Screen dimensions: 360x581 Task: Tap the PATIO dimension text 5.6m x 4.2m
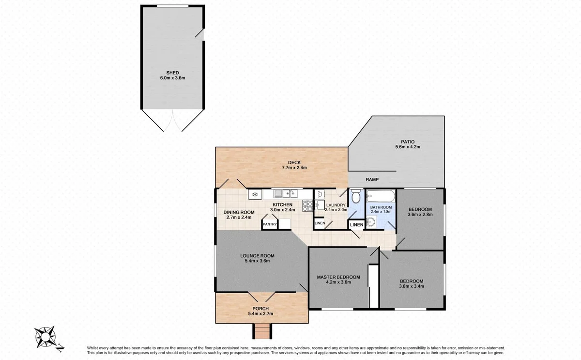point(408,146)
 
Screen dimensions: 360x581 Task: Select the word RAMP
point(372,180)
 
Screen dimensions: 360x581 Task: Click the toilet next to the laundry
point(355,197)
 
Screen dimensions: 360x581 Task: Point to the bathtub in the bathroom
point(380,197)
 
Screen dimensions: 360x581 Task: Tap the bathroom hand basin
point(370,222)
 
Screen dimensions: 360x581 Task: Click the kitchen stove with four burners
point(307,206)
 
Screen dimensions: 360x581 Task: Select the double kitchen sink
point(285,194)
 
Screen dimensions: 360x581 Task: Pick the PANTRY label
point(269,224)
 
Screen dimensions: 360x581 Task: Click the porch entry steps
point(261,331)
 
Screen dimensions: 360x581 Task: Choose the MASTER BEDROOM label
point(338,277)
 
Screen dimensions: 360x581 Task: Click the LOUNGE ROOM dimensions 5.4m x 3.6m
point(258,261)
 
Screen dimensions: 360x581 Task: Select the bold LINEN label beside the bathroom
point(356,225)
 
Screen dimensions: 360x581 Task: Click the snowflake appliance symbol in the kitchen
point(255,194)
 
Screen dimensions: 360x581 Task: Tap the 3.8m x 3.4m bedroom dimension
point(411,287)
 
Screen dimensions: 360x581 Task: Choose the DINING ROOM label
point(239,212)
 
